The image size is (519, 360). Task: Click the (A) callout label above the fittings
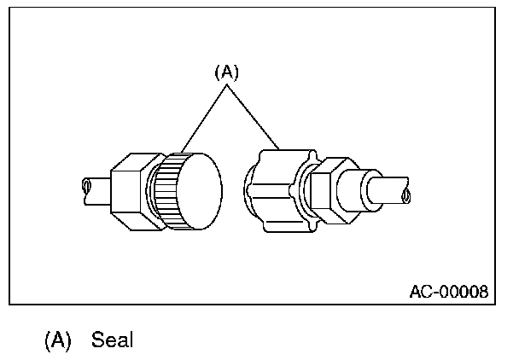pos(225,73)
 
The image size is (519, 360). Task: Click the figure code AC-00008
pos(448,292)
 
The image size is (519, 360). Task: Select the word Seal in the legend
pos(114,340)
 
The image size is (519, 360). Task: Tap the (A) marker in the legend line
pos(57,340)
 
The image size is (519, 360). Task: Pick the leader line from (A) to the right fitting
pos(253,116)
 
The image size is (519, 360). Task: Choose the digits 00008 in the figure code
pos(465,292)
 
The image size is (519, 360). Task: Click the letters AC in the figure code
pos(419,292)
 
